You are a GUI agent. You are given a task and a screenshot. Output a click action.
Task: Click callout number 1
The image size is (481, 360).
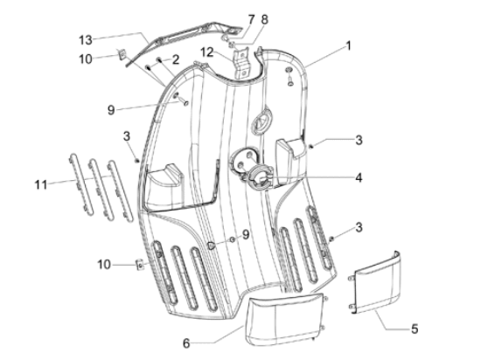(350, 45)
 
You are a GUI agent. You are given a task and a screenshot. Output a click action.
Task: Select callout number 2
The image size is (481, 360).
(176, 59)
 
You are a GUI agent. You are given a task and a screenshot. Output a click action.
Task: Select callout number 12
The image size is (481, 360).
(206, 53)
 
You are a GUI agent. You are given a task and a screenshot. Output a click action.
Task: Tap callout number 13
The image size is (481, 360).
(85, 39)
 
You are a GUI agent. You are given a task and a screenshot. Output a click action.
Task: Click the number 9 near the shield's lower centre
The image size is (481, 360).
(246, 234)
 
